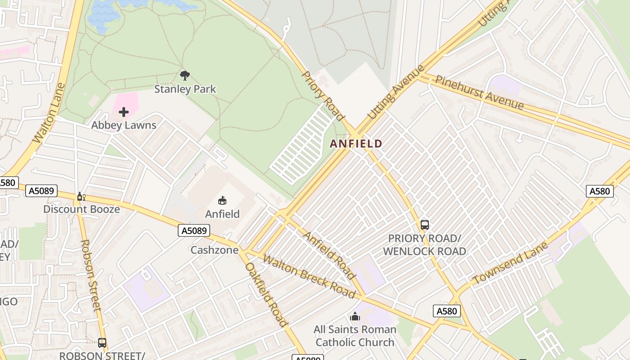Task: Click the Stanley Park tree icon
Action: (184, 75)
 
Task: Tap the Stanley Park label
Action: (185, 89)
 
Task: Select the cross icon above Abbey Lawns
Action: (124, 112)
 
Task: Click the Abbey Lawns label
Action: (124, 125)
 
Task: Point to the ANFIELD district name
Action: (356, 144)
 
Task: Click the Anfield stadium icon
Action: (222, 200)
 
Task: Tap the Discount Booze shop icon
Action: (81, 197)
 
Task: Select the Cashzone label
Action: (214, 250)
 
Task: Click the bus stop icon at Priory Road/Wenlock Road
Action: (424, 225)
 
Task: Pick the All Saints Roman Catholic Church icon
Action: (355, 317)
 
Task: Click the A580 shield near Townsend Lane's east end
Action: (600, 191)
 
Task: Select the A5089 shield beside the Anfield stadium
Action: (194, 231)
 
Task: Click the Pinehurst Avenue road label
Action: (479, 92)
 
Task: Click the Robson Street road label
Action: (91, 275)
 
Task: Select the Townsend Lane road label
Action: (510, 263)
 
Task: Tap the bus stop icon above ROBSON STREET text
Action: (102, 343)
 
